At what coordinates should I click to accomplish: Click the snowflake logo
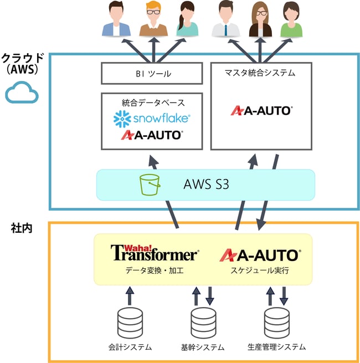coord(152,117)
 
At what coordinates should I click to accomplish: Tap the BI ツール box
coord(152,73)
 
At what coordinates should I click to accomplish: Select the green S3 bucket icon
coord(150,185)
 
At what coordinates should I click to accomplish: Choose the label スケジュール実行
coord(260,270)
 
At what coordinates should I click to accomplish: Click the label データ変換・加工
coord(153,270)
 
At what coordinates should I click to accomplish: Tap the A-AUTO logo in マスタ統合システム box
coord(261,110)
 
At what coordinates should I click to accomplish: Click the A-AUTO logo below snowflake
coord(152,134)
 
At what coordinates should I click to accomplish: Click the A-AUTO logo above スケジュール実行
coord(260,254)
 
